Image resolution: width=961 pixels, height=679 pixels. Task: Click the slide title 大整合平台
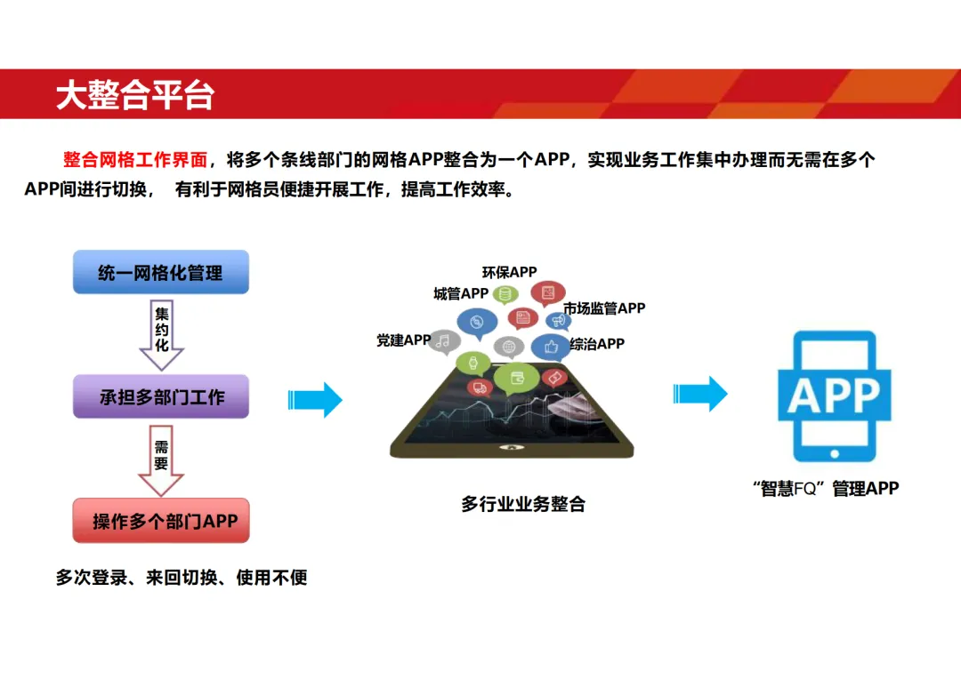pyautogui.click(x=135, y=95)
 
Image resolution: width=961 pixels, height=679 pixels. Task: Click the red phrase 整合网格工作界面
pyautogui.click(x=135, y=160)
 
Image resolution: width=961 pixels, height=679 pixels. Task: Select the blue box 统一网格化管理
pyautogui.click(x=160, y=272)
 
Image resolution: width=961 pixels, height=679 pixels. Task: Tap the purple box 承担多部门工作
pyautogui.click(x=160, y=397)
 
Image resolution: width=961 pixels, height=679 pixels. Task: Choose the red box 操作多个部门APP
pyautogui.click(x=160, y=521)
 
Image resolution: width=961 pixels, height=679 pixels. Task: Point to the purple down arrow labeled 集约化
pyautogui.click(x=161, y=334)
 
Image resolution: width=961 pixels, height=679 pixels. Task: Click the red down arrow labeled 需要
pyautogui.click(x=161, y=460)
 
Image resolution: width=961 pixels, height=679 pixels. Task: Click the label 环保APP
pyautogui.click(x=509, y=273)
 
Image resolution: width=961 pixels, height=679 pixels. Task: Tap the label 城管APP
pyautogui.click(x=460, y=294)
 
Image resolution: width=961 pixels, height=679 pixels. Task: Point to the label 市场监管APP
pyautogui.click(x=604, y=308)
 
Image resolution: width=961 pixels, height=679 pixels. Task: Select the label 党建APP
pyautogui.click(x=403, y=340)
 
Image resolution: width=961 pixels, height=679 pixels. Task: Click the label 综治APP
pyautogui.click(x=597, y=343)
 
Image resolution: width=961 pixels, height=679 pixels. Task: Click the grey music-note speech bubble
pyautogui.click(x=444, y=340)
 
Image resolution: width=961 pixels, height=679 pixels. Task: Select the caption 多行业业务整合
pyautogui.click(x=523, y=504)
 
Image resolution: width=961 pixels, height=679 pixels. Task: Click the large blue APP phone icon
pyautogui.click(x=834, y=395)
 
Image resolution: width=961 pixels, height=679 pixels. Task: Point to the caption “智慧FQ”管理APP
pyautogui.click(x=825, y=488)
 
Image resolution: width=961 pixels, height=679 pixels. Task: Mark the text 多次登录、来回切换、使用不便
pyautogui.click(x=182, y=578)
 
